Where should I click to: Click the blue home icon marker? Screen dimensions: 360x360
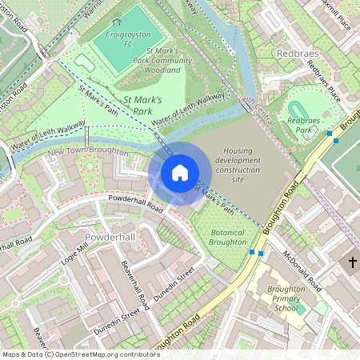pyautogui.click(x=180, y=173)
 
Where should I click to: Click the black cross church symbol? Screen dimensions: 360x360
pyautogui.click(x=353, y=262)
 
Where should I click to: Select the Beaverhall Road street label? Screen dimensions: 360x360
pyautogui.click(x=134, y=285)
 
